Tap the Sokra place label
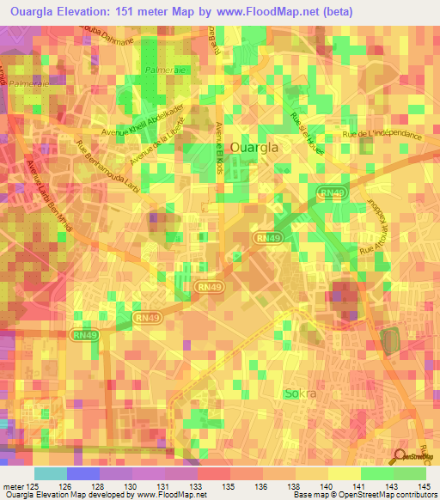tap(300, 394)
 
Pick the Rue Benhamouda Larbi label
tap(108, 167)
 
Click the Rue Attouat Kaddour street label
tap(376, 224)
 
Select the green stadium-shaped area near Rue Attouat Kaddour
tap(391, 338)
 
